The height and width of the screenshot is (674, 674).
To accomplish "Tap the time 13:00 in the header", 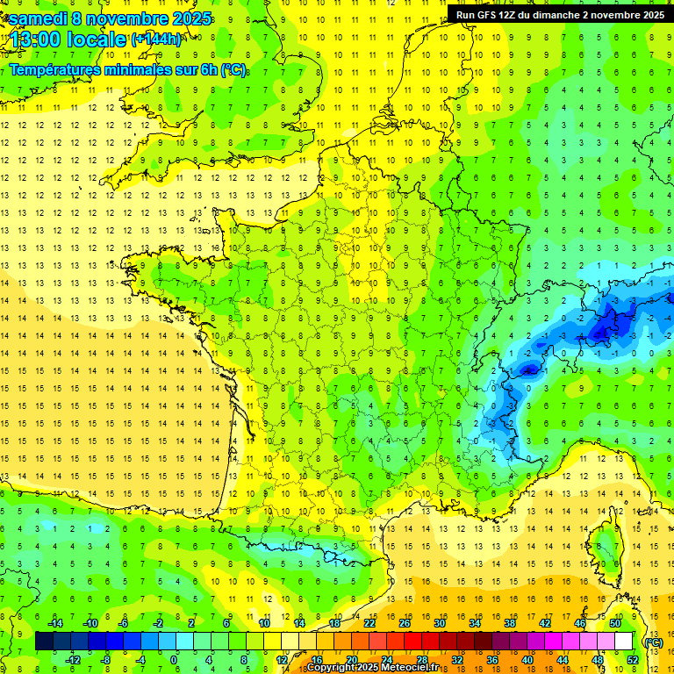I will [35, 39].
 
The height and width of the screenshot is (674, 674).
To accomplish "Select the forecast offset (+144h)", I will [156, 39].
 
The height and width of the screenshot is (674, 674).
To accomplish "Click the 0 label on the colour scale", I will [173, 660].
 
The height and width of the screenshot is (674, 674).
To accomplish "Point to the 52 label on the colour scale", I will [633, 660].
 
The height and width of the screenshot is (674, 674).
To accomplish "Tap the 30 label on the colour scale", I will [438, 623].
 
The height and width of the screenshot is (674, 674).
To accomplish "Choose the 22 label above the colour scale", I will [369, 623].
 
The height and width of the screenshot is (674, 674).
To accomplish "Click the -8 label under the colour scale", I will [104, 660].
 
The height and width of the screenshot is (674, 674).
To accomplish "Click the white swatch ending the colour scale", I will [624, 642].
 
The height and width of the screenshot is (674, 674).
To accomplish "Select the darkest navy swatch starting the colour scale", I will [44, 642].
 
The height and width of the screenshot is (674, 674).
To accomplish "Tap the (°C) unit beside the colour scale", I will [653, 642].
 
